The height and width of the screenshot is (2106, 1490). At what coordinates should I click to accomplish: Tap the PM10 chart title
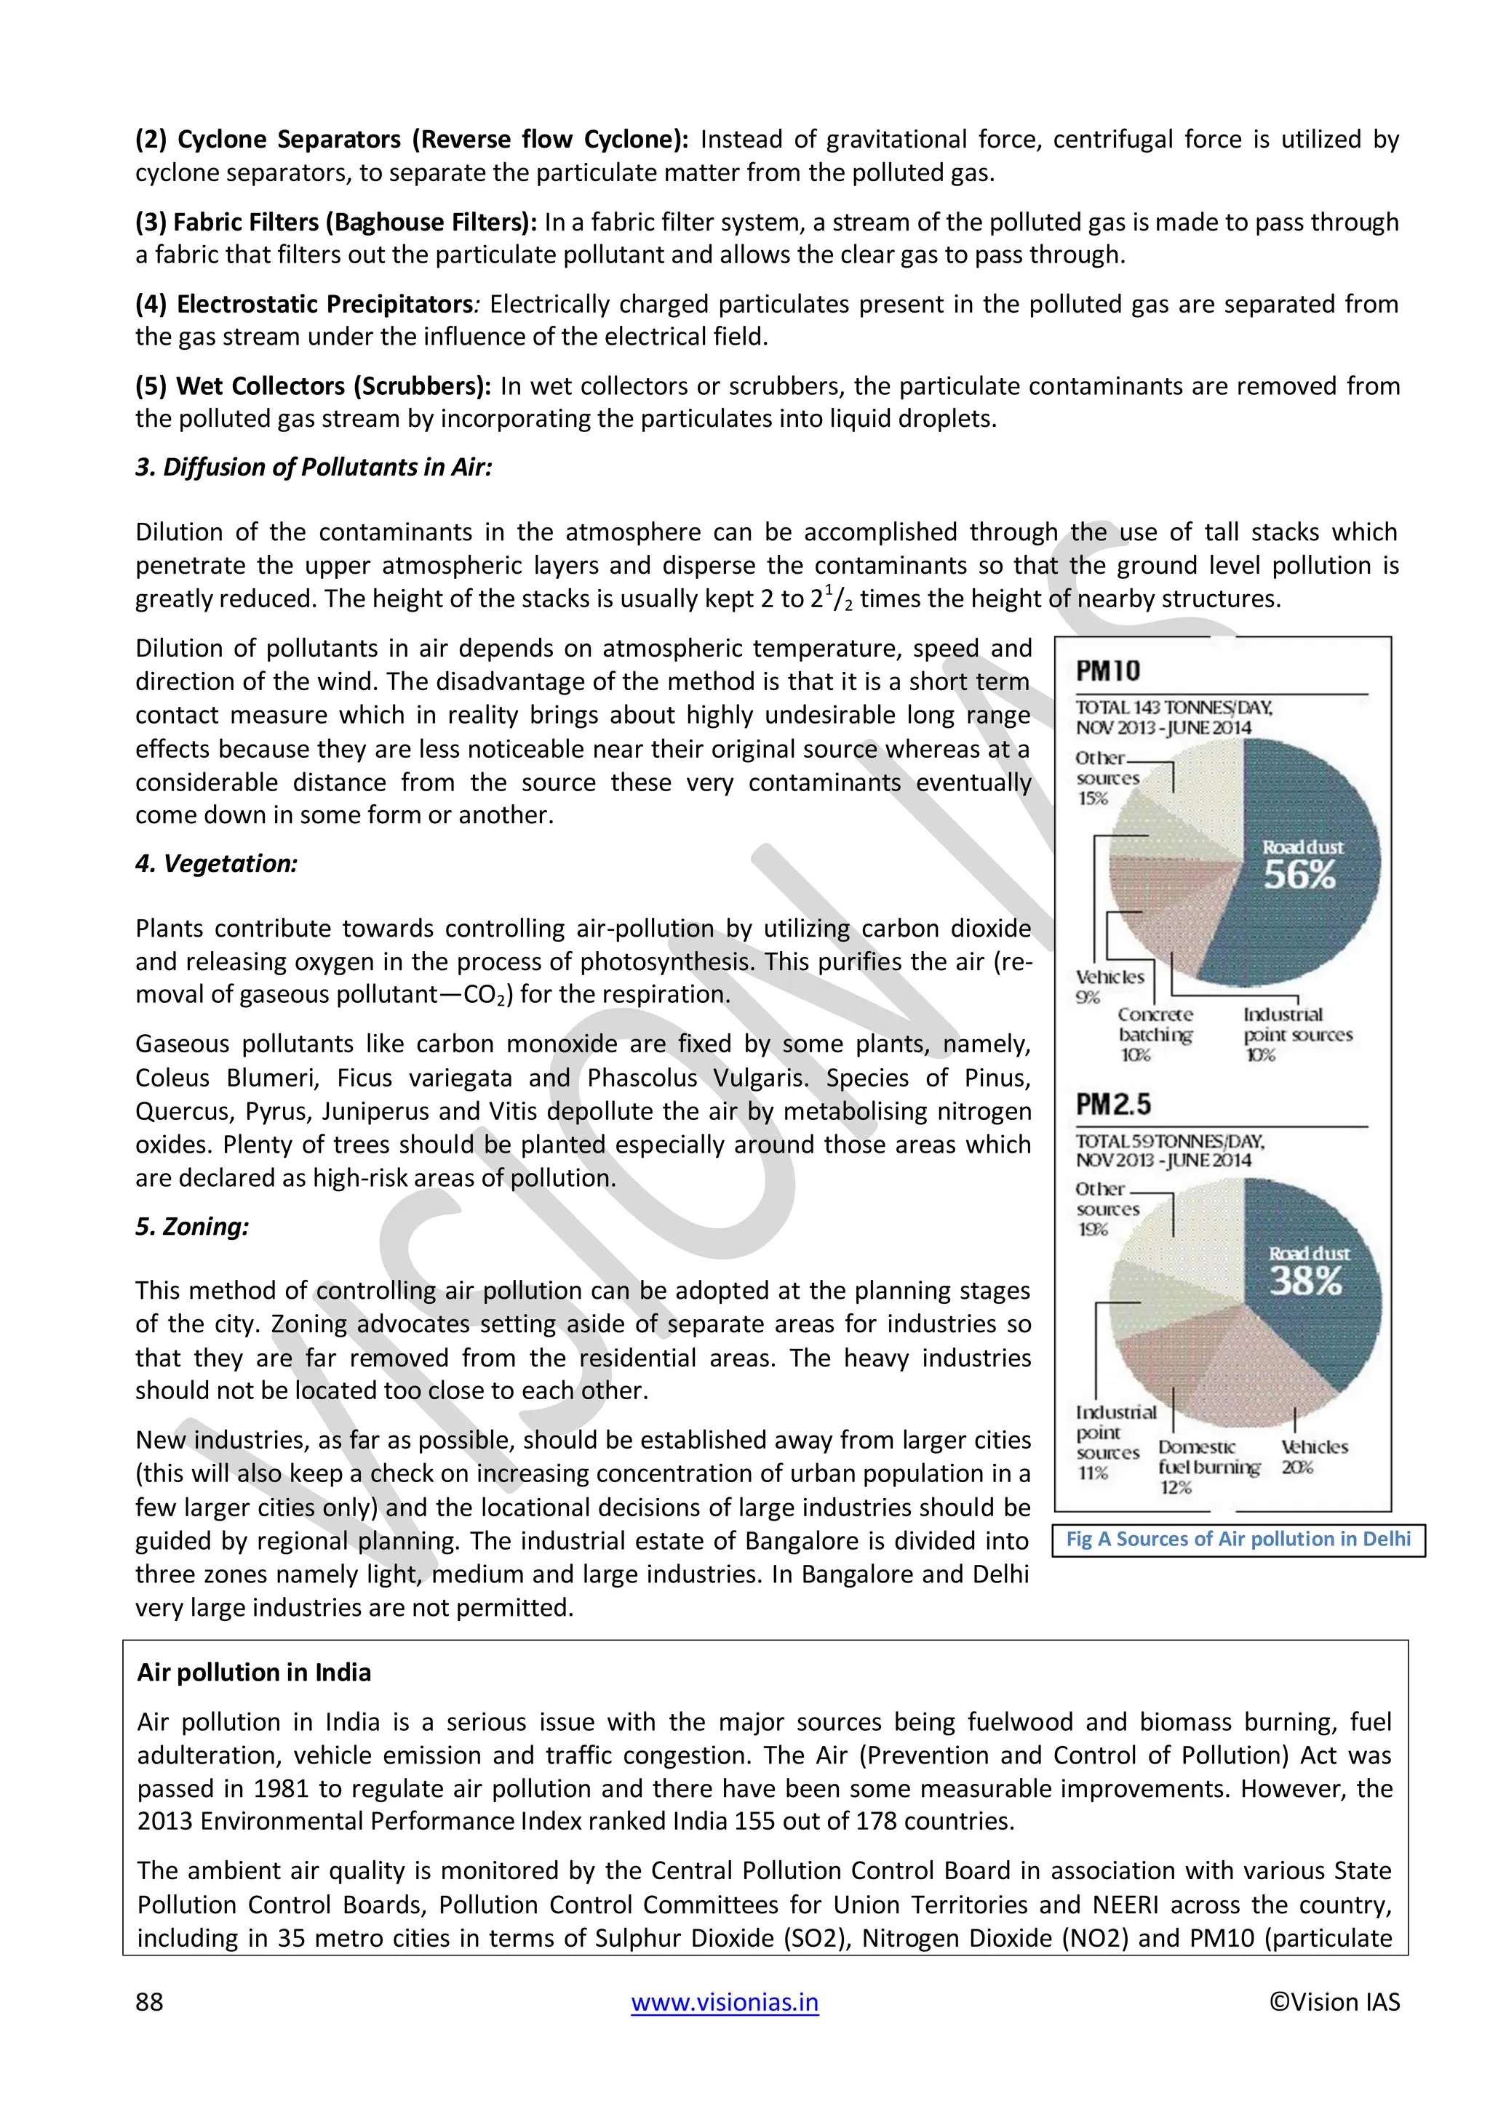(x=1107, y=670)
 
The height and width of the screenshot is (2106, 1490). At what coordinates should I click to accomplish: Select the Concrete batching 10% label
(x=1154, y=1034)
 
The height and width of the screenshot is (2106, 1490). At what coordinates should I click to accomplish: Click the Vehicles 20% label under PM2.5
(x=1313, y=1456)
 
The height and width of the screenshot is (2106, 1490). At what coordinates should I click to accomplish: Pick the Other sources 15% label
(x=1107, y=778)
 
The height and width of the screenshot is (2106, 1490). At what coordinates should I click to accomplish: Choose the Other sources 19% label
(x=1107, y=1209)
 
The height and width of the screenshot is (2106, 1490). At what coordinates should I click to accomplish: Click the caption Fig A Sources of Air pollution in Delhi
(x=1238, y=1540)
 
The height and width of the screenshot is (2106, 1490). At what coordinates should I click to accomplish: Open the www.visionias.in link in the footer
(x=724, y=2001)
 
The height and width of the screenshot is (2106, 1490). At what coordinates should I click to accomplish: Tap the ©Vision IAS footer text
(x=1334, y=2001)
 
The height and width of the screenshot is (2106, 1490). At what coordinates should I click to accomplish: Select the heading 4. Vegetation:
(x=217, y=863)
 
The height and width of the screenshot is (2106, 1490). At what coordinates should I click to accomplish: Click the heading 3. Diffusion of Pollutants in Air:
(x=314, y=467)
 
